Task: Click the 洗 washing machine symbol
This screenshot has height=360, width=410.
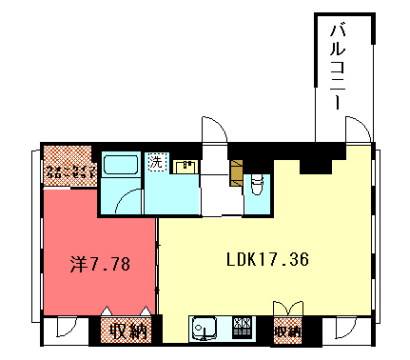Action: coord(156,163)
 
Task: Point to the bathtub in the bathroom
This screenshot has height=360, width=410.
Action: coord(122,166)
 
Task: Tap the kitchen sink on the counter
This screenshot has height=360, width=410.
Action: coord(206,328)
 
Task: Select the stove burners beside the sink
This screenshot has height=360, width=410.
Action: coord(243,328)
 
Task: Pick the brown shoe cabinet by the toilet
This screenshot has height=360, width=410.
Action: coord(236,170)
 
